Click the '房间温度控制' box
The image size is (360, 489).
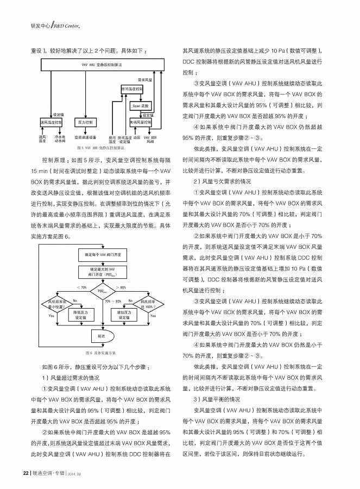coord(132,89)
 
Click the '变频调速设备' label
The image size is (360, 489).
coord(85,138)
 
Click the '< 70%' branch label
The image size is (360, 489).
coord(82,287)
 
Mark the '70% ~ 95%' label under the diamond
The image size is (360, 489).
coord(113,300)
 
